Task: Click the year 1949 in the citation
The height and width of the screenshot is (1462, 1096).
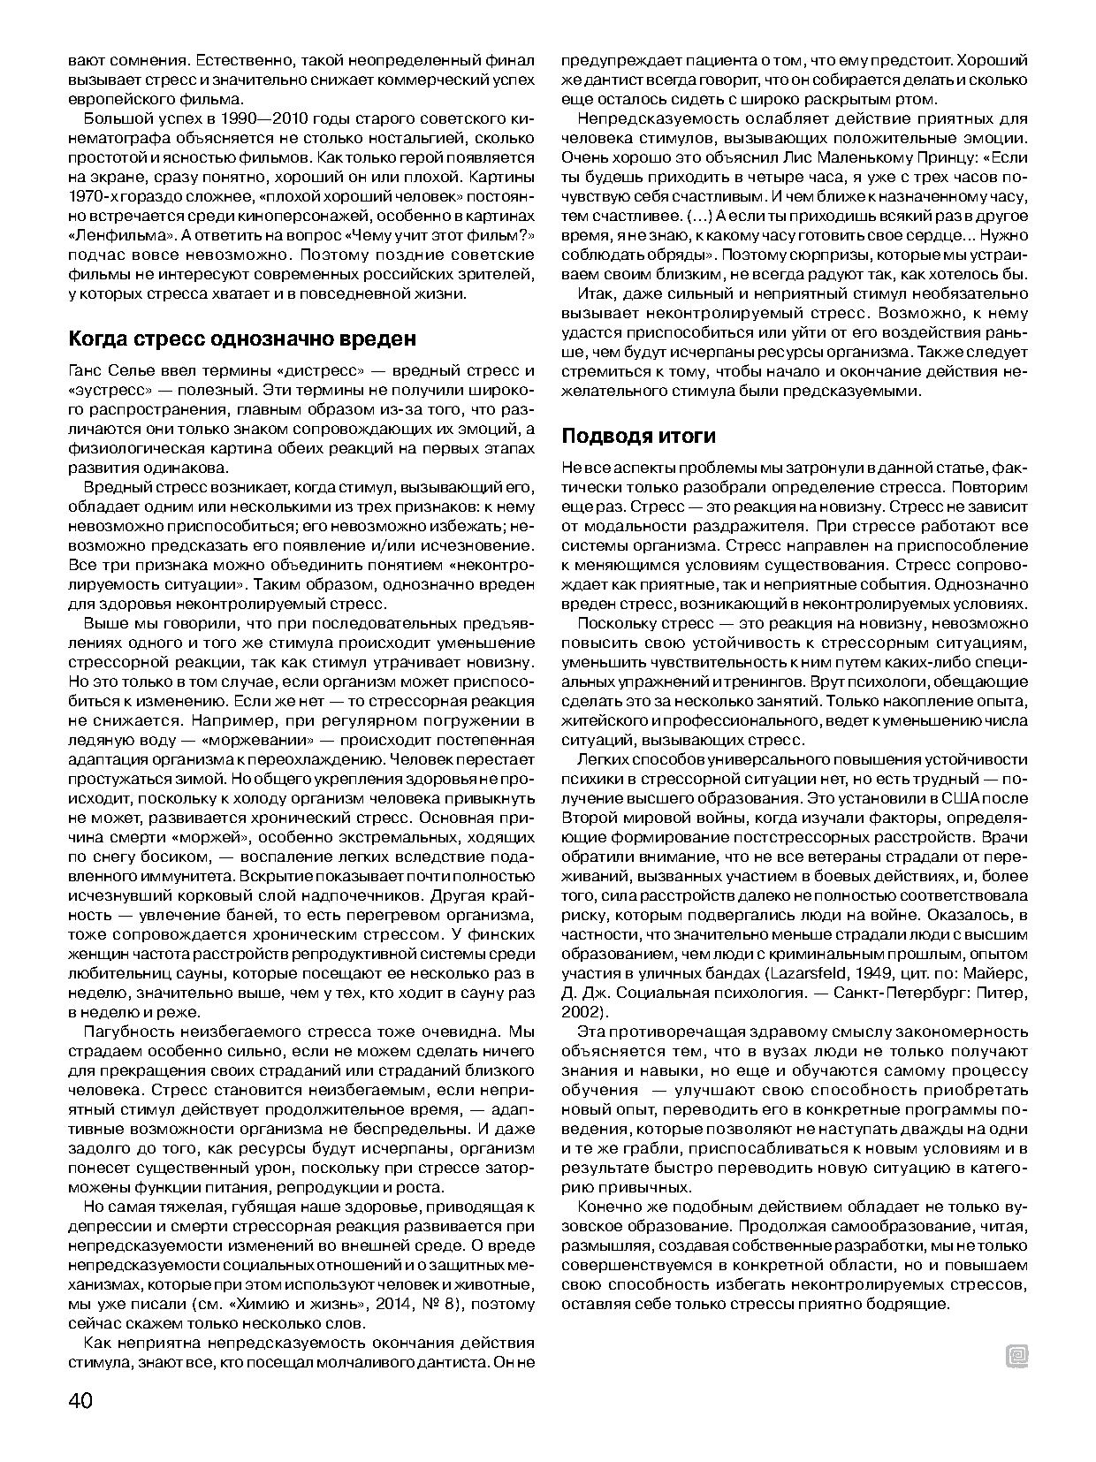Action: (x=874, y=973)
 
